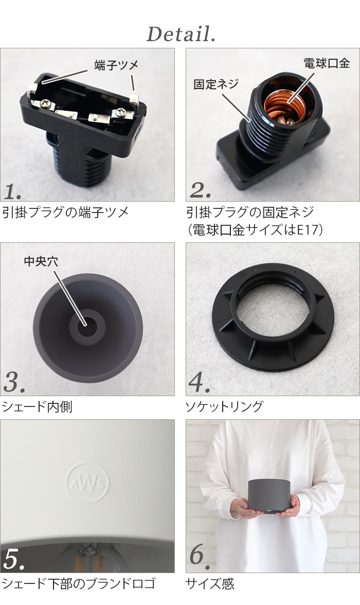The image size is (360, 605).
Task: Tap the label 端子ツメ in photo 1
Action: [x=116, y=65]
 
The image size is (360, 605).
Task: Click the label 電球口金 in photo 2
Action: [x=326, y=63]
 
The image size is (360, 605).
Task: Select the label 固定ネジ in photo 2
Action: [x=216, y=84]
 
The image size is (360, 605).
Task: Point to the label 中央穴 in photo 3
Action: [x=41, y=261]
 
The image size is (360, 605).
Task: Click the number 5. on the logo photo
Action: [x=14, y=561]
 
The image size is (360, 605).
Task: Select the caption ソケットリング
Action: [x=224, y=406]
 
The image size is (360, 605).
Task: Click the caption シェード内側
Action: [x=38, y=406]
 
